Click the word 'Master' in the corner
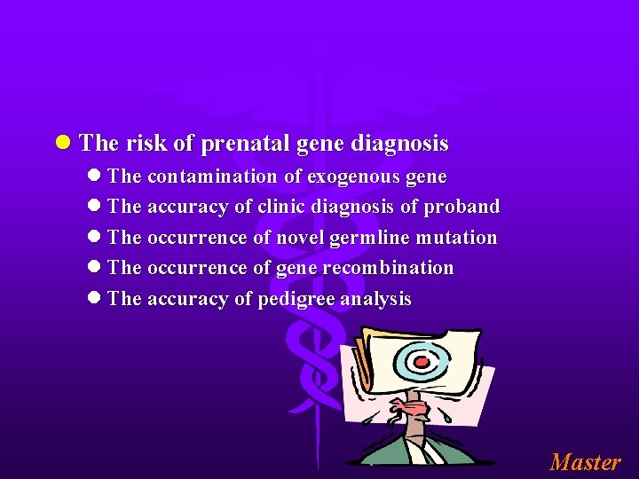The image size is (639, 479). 585,462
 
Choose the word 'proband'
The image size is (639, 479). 461,207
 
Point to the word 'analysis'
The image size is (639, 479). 378,299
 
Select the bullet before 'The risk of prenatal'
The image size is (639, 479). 62,144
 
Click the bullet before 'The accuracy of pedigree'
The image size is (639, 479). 94,299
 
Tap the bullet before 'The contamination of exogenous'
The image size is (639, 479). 94,177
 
